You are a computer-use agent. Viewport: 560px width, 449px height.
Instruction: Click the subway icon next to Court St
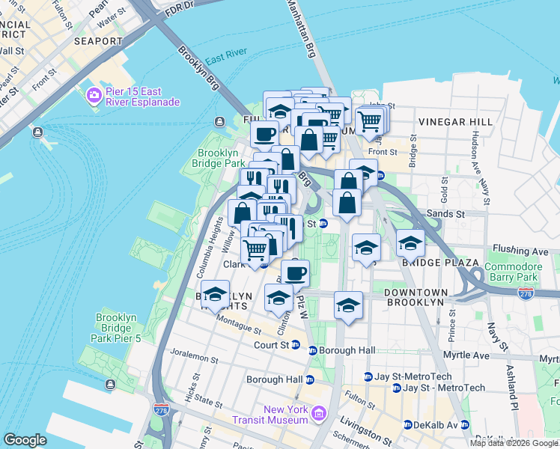(x=295, y=345)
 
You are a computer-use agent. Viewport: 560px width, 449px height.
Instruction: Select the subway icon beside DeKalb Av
(x=407, y=424)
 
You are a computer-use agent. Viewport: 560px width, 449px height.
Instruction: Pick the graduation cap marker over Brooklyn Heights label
(x=215, y=295)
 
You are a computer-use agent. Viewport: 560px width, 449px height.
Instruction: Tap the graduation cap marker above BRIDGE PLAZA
(x=410, y=242)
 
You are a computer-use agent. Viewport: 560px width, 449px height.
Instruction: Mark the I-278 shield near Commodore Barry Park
(x=526, y=296)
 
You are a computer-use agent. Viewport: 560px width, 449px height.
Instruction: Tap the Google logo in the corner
(x=25, y=440)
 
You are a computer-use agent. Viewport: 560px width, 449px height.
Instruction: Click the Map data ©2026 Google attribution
(x=514, y=443)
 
